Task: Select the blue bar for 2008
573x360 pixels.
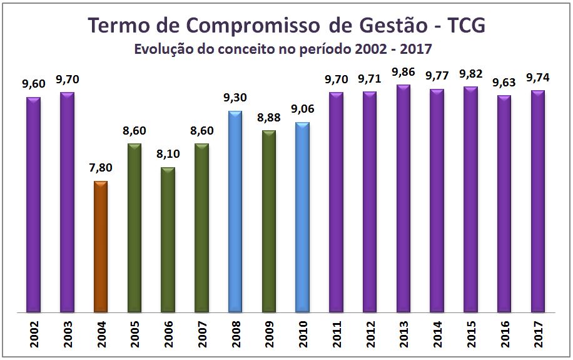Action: (x=235, y=211)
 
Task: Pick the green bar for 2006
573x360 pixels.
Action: (x=168, y=239)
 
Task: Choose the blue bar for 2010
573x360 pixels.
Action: (x=302, y=217)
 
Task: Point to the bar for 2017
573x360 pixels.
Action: (x=537, y=201)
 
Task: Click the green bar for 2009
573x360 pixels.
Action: (x=269, y=220)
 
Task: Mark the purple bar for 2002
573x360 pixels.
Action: (x=33, y=204)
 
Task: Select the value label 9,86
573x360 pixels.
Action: (x=403, y=73)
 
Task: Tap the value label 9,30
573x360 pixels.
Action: (x=235, y=98)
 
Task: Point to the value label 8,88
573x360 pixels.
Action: (x=269, y=118)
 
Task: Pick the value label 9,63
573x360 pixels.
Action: (x=504, y=83)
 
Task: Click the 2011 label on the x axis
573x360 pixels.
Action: (x=337, y=332)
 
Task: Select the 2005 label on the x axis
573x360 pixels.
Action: (x=134, y=332)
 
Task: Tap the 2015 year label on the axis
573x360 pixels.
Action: (x=470, y=332)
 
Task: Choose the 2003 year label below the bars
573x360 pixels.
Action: (x=68, y=332)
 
